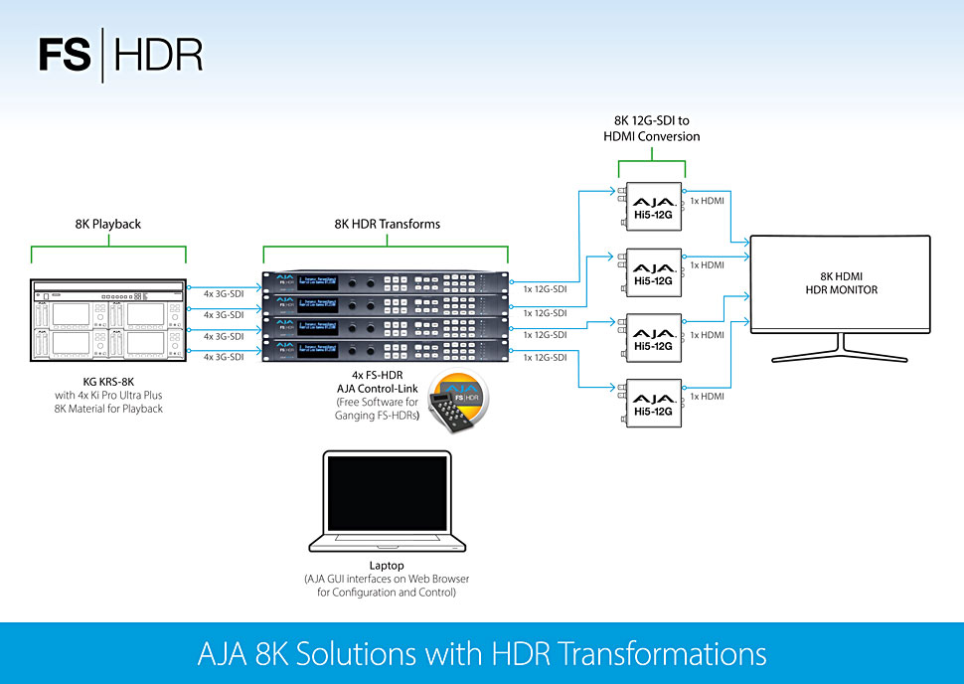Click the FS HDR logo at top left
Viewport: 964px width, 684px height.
[x=120, y=56]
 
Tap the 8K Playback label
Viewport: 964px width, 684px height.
[x=108, y=224]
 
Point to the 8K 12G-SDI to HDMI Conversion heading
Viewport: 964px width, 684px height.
[x=652, y=127]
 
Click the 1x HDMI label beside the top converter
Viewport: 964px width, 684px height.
[x=707, y=201]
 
